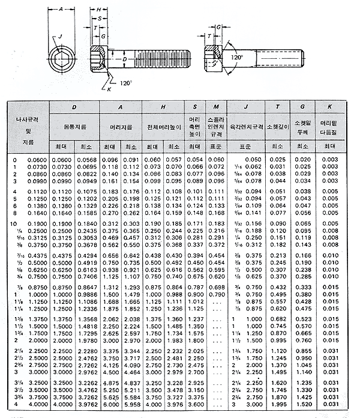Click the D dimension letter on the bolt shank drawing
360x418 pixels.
124,60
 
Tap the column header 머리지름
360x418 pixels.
121,127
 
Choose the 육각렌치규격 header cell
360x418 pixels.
246,127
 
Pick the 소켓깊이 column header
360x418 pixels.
278,127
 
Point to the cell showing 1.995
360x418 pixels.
277,405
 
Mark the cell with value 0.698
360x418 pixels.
216,288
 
